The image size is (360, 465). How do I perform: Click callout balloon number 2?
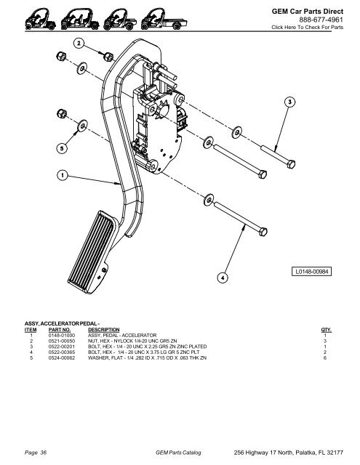79,44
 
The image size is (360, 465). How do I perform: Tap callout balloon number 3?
289,102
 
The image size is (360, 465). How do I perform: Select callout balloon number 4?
223,278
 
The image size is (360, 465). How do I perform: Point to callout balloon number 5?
62,148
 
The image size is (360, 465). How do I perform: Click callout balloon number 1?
63,175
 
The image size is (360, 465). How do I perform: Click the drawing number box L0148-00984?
311,271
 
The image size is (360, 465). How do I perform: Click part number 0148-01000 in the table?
62,336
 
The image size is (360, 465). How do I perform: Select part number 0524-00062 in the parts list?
62,358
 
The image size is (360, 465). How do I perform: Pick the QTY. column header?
326,330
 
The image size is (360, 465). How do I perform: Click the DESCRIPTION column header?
103,330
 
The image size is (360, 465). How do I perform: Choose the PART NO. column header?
60,330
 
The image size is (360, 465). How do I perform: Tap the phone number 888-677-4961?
321,20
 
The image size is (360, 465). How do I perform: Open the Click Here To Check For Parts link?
308,28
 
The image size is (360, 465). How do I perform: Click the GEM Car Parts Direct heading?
308,12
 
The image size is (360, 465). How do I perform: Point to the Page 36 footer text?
36,453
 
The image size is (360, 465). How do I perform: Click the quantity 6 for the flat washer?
325,358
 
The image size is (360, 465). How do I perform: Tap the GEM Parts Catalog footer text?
178,453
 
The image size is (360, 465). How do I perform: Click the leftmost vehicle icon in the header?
40,20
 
